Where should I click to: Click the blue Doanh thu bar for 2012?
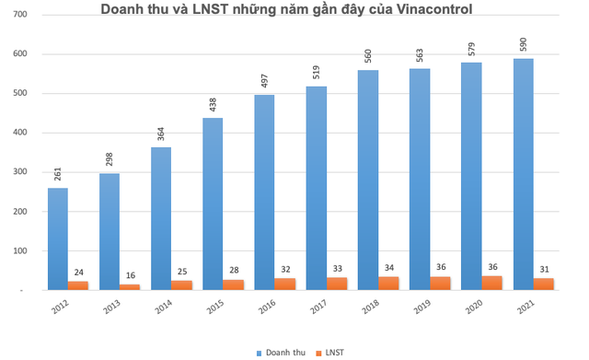click(58, 239)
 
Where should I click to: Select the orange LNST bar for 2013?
click(131, 287)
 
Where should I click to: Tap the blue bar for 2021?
click(523, 175)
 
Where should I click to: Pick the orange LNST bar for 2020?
click(492, 283)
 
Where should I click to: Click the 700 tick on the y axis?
click(20, 16)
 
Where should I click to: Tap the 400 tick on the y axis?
click(20, 133)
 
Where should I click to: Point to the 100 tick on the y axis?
click(20, 250)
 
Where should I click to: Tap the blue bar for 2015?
click(213, 204)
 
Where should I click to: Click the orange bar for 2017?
click(338, 284)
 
